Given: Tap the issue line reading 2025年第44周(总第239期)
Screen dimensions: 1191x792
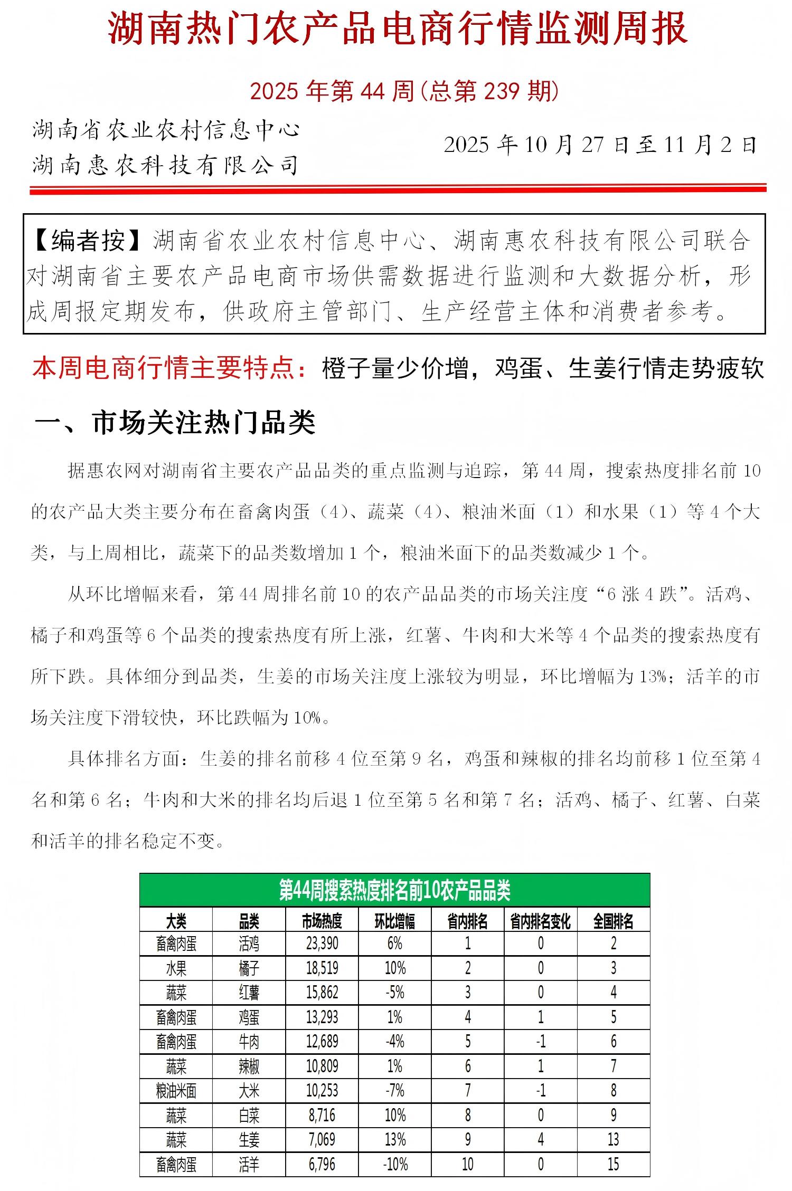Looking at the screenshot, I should (x=404, y=91).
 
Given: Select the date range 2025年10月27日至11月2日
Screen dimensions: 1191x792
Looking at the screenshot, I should (x=600, y=145).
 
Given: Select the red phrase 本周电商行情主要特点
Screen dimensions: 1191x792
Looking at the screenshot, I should (x=163, y=368).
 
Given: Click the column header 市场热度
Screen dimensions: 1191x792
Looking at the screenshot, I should (x=322, y=922).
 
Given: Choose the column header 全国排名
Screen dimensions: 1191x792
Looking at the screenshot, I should (x=613, y=922).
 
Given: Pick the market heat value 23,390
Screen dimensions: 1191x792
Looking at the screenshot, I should (x=322, y=944).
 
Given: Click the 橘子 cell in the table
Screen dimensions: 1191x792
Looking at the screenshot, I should (x=249, y=968).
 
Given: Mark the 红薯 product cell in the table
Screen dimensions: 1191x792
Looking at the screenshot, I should (x=249, y=993).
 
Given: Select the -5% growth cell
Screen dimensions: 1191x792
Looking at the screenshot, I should (x=394, y=993).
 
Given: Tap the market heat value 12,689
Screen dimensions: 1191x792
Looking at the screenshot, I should (x=322, y=1042).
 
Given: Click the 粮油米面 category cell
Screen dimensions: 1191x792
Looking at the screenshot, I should (x=176, y=1091).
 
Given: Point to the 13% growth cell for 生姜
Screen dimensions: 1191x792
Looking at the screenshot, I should (x=394, y=1140).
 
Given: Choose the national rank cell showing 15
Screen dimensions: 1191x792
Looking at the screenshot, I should (x=613, y=1164).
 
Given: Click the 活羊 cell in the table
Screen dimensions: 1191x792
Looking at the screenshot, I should (x=249, y=1164).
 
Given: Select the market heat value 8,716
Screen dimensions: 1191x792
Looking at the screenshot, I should (x=322, y=1115).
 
